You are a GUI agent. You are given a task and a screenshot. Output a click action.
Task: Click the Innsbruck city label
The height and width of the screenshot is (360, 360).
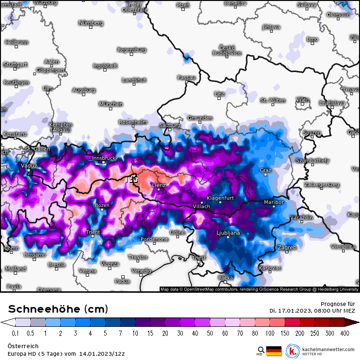pos(104,158)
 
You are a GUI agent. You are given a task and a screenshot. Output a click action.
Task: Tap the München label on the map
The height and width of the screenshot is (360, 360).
pos(111,104)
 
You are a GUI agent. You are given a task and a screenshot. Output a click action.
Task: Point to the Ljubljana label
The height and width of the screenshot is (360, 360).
pos(228,233)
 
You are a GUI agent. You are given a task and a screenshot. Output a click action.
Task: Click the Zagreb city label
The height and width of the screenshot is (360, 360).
pos(287,247)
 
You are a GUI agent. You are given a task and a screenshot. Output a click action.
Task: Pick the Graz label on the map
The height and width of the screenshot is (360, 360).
pos(266,170)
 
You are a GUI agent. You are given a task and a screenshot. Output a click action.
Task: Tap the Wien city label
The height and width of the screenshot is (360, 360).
pos(303,100)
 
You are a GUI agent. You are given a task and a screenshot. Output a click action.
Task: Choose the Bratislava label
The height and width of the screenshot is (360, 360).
pos(332,103)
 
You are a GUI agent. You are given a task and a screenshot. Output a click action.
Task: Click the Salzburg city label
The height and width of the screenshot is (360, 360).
pos(170,126)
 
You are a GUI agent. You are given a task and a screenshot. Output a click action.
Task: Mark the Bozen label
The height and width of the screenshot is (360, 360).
pos(102,205)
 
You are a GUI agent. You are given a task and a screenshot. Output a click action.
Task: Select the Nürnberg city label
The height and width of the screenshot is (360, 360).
pos(91,23)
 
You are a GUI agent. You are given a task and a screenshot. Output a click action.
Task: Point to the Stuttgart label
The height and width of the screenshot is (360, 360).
pos(15,64)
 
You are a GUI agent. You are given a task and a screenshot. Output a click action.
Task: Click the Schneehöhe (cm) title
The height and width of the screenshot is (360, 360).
pos(58,309)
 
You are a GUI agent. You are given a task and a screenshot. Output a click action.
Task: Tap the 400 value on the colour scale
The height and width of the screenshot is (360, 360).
pos(345,333)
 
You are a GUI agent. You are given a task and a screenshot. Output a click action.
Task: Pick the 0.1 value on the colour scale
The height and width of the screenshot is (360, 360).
pos(15,333)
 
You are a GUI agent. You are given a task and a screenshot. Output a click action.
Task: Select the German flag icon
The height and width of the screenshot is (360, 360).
pos(274,351)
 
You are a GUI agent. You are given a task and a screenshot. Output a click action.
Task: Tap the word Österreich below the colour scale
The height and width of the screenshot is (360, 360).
pos(21,347)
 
